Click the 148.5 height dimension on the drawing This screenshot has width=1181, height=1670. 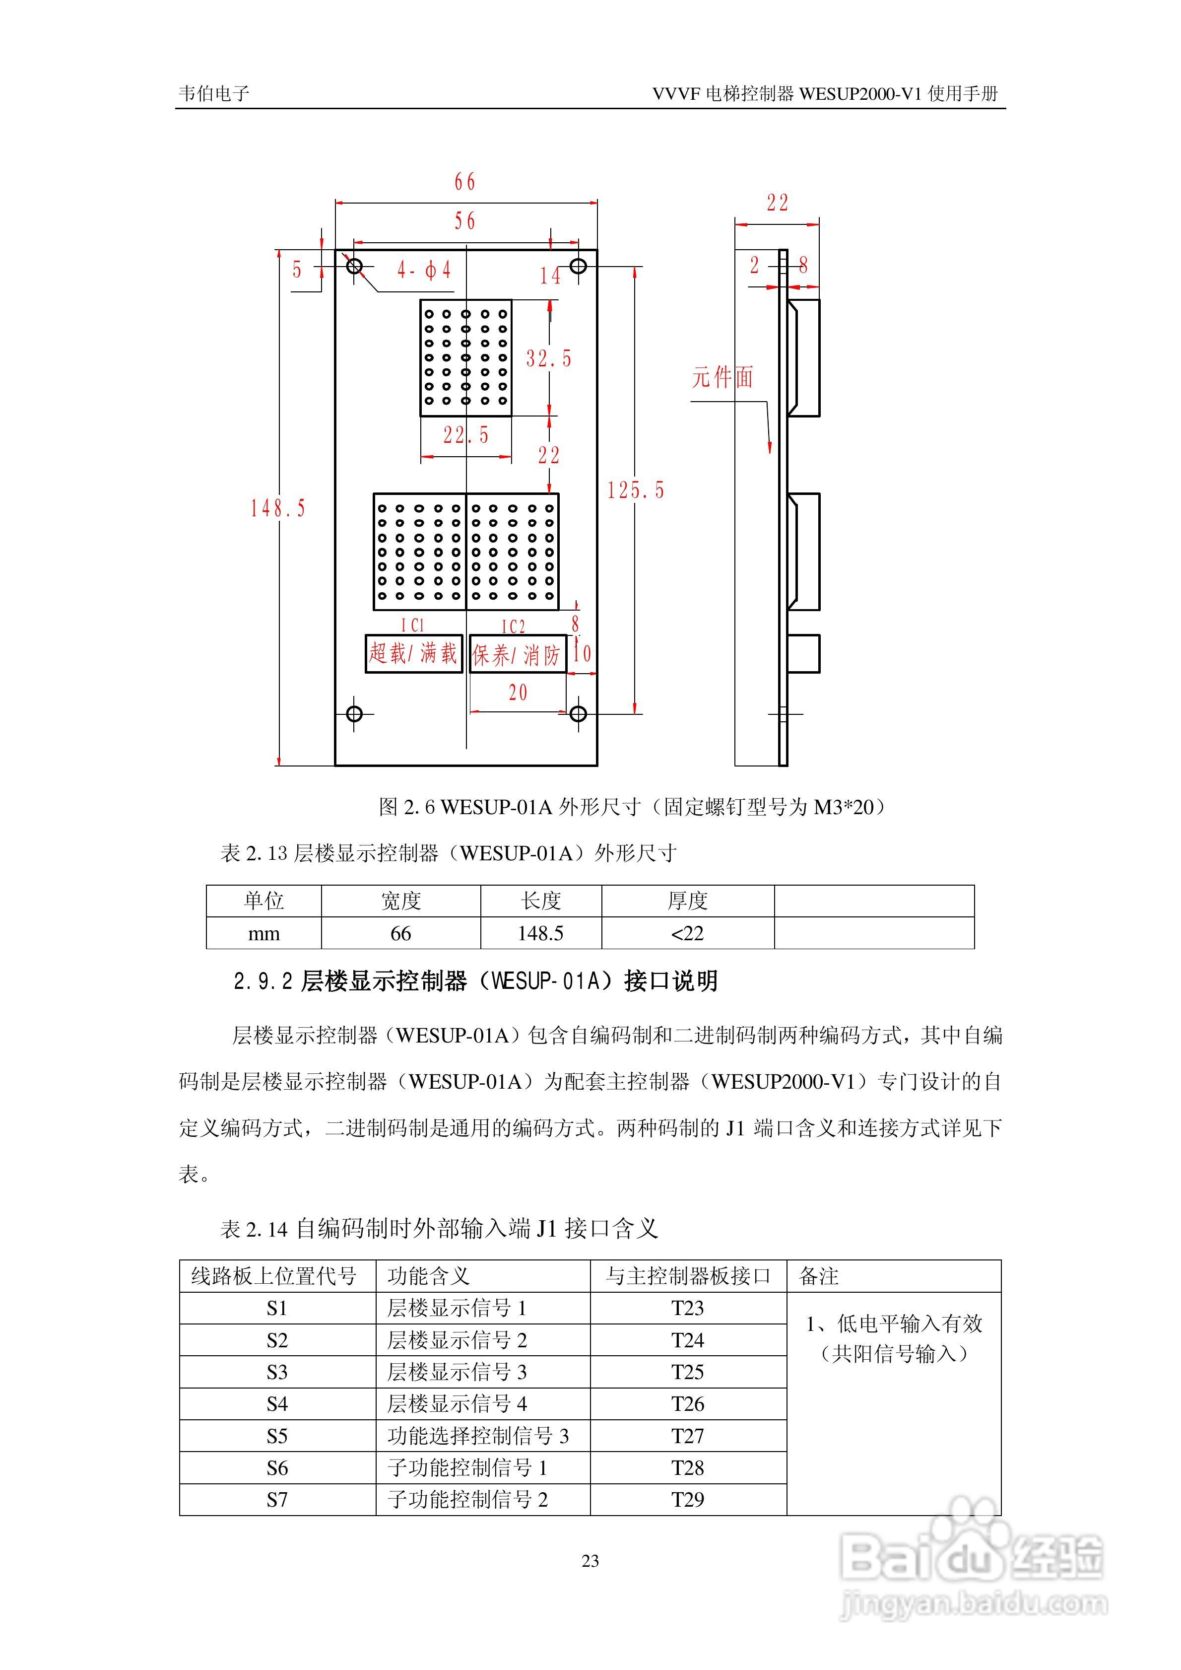coord(278,508)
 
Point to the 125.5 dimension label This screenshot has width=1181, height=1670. coord(636,490)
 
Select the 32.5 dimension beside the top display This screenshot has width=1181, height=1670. coord(548,358)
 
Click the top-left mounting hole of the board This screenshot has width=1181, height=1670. coord(354,266)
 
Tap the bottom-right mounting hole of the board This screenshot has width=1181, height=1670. coord(578,713)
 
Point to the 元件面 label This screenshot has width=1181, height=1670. coord(722,377)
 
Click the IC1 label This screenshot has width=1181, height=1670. coord(412,625)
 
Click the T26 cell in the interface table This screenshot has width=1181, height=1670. coord(687,1404)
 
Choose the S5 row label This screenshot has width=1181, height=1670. coord(277,1436)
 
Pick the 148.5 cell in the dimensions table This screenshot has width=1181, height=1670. coord(540,933)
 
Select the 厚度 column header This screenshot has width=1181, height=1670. coord(687,901)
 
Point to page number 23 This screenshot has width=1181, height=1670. coord(590,1561)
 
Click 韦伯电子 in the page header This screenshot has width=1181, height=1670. coord(214,93)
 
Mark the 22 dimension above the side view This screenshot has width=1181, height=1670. coord(778,203)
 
